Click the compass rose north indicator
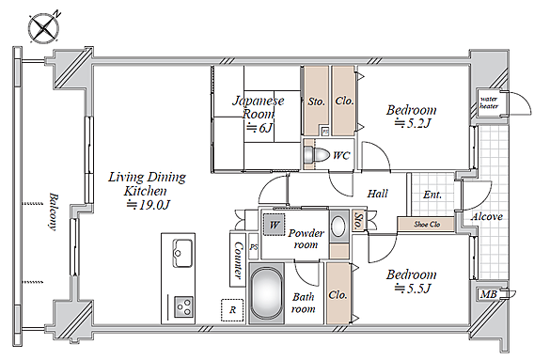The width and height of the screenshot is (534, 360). [43, 28]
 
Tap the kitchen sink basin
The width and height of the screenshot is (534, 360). [182, 253]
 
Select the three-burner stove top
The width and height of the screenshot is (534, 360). [183, 306]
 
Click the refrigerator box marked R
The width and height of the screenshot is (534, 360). [232, 310]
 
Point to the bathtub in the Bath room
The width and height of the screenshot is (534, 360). [267, 293]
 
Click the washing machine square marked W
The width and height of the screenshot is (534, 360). [275, 224]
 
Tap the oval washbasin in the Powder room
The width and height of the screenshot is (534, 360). [338, 227]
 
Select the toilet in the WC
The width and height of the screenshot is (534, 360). [316, 155]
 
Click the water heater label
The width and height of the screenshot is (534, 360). [489, 102]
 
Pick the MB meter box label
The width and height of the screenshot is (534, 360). [488, 294]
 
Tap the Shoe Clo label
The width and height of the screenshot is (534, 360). [427, 224]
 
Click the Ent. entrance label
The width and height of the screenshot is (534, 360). [432, 195]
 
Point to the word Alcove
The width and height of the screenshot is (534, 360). [487, 216]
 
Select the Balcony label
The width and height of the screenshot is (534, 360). [53, 211]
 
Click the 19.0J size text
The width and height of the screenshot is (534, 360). [149, 205]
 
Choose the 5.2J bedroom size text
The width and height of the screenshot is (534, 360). [413, 122]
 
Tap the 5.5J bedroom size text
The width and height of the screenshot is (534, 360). [413, 289]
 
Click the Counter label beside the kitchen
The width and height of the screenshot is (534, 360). [239, 259]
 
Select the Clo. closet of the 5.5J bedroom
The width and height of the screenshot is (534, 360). [338, 295]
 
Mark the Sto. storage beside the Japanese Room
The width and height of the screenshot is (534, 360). [317, 102]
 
